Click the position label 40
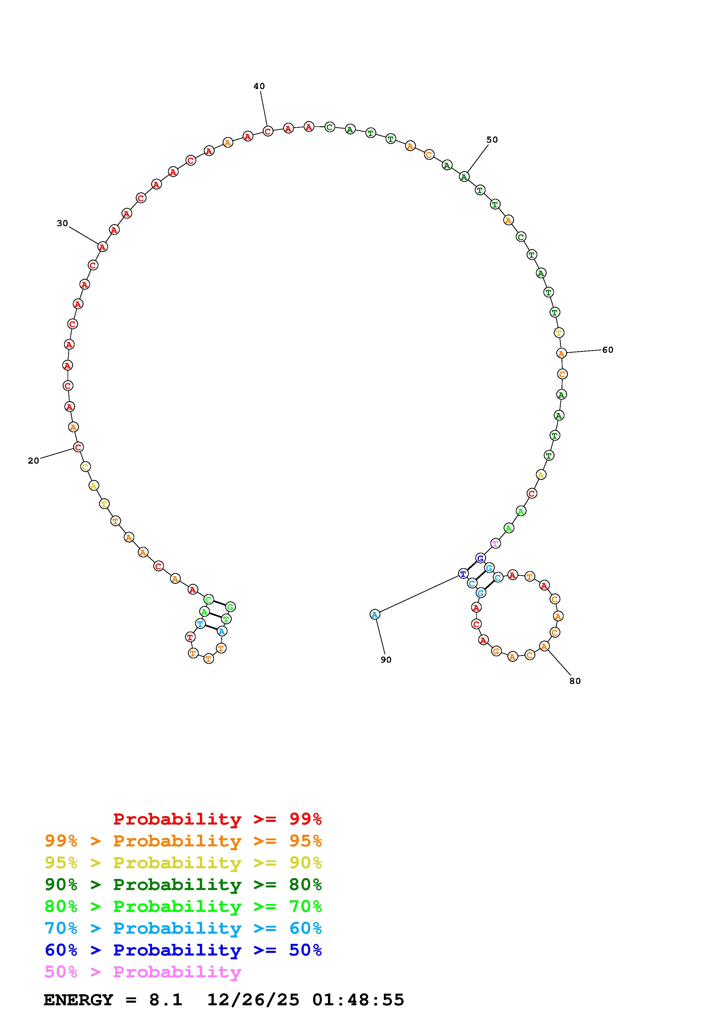coord(259,86)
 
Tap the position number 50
coord(492,140)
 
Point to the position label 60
coord(608,350)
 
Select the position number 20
coord(34,461)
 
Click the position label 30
coord(62,223)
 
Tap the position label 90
coord(386,660)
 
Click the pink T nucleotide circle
coord(495,543)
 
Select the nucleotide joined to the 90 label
coord(375,615)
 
